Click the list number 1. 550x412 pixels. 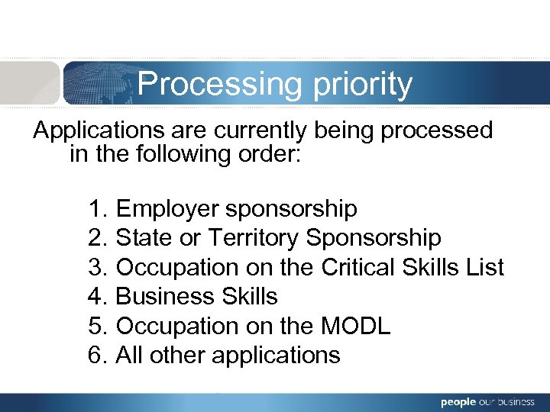96,208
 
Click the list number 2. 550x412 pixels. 96,238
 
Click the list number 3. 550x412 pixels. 96,267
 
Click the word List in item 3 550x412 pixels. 487,267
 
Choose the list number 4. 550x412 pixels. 96,296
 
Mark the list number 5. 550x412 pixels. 96,326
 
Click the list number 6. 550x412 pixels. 96,355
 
